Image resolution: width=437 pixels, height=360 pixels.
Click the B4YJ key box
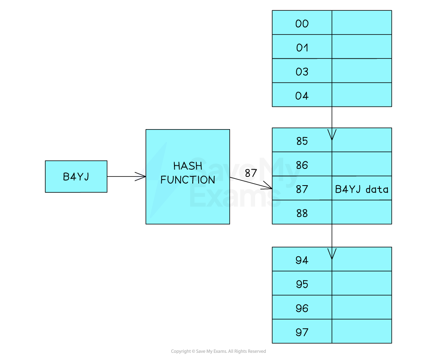point(76,176)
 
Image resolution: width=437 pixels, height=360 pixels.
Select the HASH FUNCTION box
point(188,176)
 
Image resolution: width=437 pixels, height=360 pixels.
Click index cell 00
point(302,23)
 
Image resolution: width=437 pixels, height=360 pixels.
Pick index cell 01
point(302,47)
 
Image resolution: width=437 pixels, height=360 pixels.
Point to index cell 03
point(302,71)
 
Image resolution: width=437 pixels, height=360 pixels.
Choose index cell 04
point(302,95)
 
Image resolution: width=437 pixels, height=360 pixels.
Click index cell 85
point(302,140)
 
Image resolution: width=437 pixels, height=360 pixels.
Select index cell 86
point(302,165)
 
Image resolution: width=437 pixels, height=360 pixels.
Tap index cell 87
point(302,188)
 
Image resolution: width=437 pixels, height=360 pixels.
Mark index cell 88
point(302,213)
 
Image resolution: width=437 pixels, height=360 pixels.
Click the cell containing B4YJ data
point(362,188)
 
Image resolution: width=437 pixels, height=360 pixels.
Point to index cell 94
point(302,259)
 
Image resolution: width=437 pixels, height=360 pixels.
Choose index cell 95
point(302,284)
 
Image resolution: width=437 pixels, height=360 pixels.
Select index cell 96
point(302,308)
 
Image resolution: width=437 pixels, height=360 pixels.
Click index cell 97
point(302,331)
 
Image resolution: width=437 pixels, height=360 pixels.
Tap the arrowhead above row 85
point(332,135)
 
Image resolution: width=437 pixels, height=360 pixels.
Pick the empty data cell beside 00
point(362,23)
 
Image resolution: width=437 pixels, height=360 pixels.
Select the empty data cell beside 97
point(362,331)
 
